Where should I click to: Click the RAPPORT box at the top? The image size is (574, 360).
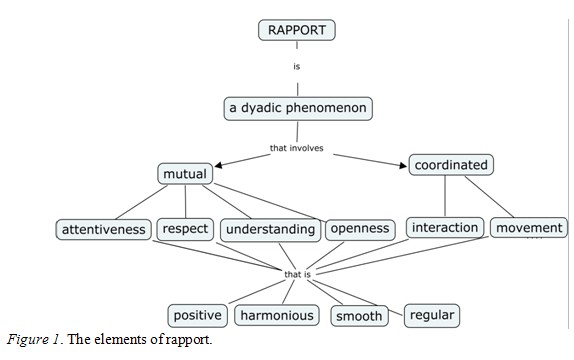[x=297, y=30]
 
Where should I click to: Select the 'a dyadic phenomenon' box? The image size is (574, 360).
[x=297, y=107]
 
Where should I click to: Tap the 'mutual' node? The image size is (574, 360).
[x=185, y=174]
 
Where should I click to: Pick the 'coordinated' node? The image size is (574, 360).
[x=452, y=164]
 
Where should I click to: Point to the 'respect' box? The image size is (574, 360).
[x=185, y=229]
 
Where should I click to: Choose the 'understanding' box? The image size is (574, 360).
[x=270, y=229]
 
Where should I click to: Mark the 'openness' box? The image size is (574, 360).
[x=359, y=229]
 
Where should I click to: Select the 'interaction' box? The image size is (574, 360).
[x=446, y=228]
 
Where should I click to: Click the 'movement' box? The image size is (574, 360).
[x=529, y=228]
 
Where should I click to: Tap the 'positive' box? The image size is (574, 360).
[x=197, y=316]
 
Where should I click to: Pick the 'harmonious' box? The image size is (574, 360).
[x=277, y=316]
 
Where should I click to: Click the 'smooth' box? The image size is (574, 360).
[x=359, y=316]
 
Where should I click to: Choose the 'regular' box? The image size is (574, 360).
[x=432, y=315]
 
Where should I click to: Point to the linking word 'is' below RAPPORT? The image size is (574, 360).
[x=297, y=67]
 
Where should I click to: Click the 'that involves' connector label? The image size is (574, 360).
[x=297, y=149]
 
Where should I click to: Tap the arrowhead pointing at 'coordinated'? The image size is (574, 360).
[x=403, y=163]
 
